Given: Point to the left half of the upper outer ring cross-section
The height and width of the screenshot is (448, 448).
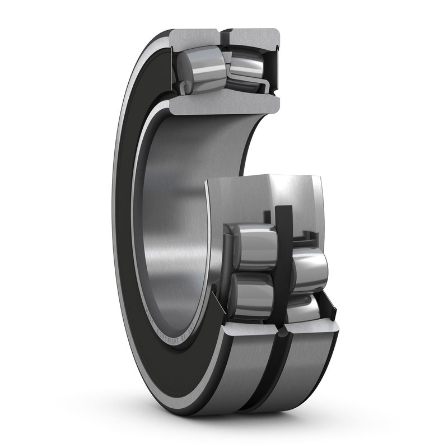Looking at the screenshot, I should pyautogui.click(x=193, y=36).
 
